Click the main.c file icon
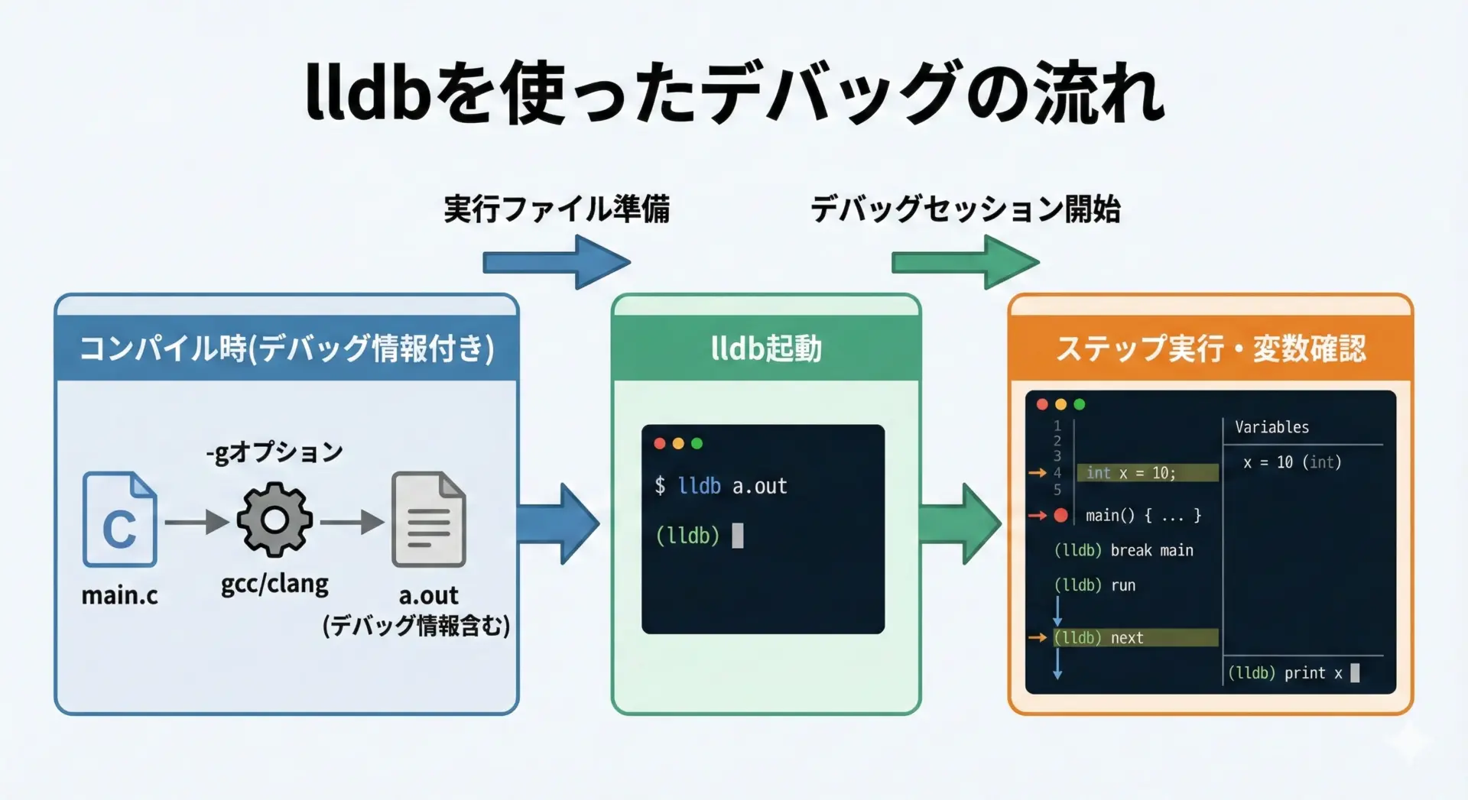pyautogui.click(x=120, y=520)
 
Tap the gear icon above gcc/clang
pyautogui.click(x=274, y=520)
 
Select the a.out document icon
pyautogui.click(x=428, y=520)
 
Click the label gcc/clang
pyautogui.click(x=274, y=585)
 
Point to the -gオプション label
pyautogui.click(x=274, y=452)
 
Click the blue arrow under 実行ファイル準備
pyautogui.click(x=556, y=262)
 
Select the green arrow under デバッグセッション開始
pyautogui.click(x=965, y=262)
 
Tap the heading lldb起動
pyautogui.click(x=766, y=348)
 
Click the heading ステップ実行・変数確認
pyautogui.click(x=1210, y=348)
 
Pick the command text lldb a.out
pyautogui.click(x=732, y=486)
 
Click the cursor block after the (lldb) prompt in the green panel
pyautogui.click(x=738, y=536)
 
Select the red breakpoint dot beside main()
pyautogui.click(x=1060, y=516)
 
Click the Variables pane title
pyautogui.click(x=1272, y=427)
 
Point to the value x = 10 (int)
pyautogui.click(x=1292, y=462)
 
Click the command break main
pyautogui.click(x=1151, y=550)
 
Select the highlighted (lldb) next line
pyautogui.click(x=1135, y=638)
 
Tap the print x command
pyautogui.click(x=1313, y=673)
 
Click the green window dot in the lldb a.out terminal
pyautogui.click(x=697, y=443)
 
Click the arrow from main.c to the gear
pyautogui.click(x=196, y=523)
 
